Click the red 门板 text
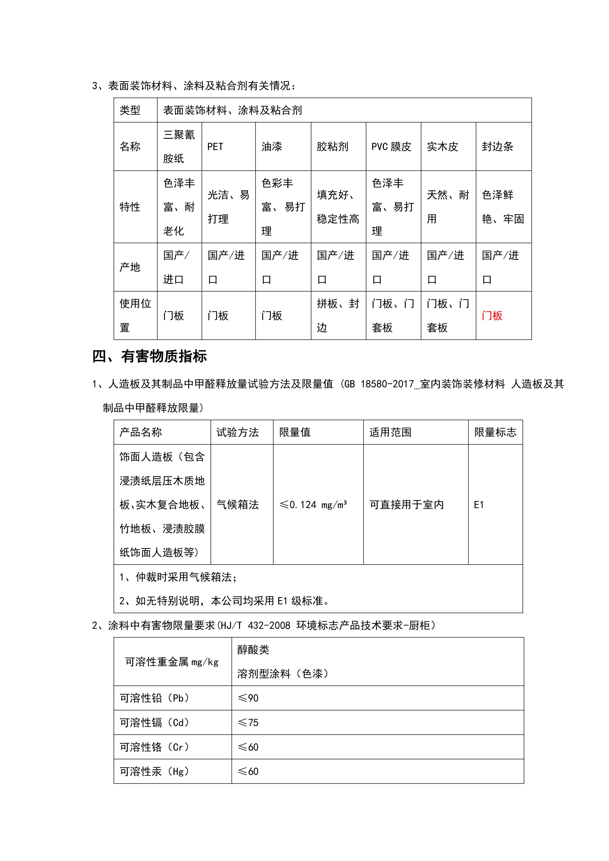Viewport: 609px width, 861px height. pyautogui.click(x=492, y=316)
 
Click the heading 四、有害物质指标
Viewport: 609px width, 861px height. pyautogui.click(x=150, y=356)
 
